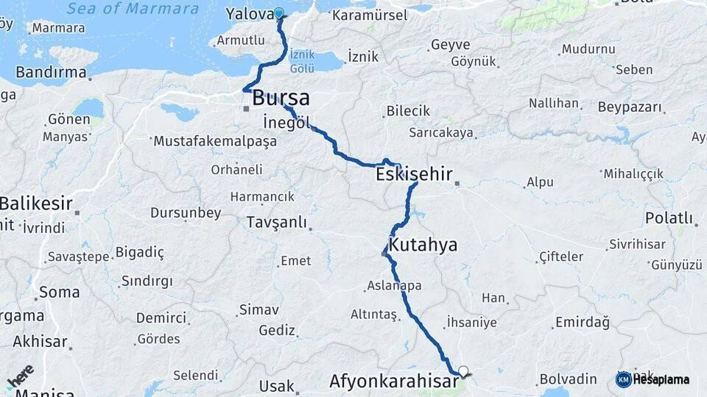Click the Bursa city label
281,99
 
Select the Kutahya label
423,245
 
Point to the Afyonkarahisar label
393,382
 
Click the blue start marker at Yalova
279,12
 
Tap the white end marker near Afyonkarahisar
463,371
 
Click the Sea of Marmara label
133,9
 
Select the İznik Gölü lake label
302,61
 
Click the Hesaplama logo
653,379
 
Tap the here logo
20,377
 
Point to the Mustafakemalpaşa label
214,141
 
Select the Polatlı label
669,218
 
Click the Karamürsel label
369,15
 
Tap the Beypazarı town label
630,107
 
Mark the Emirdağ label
583,322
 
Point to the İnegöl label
286,123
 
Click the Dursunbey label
186,213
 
